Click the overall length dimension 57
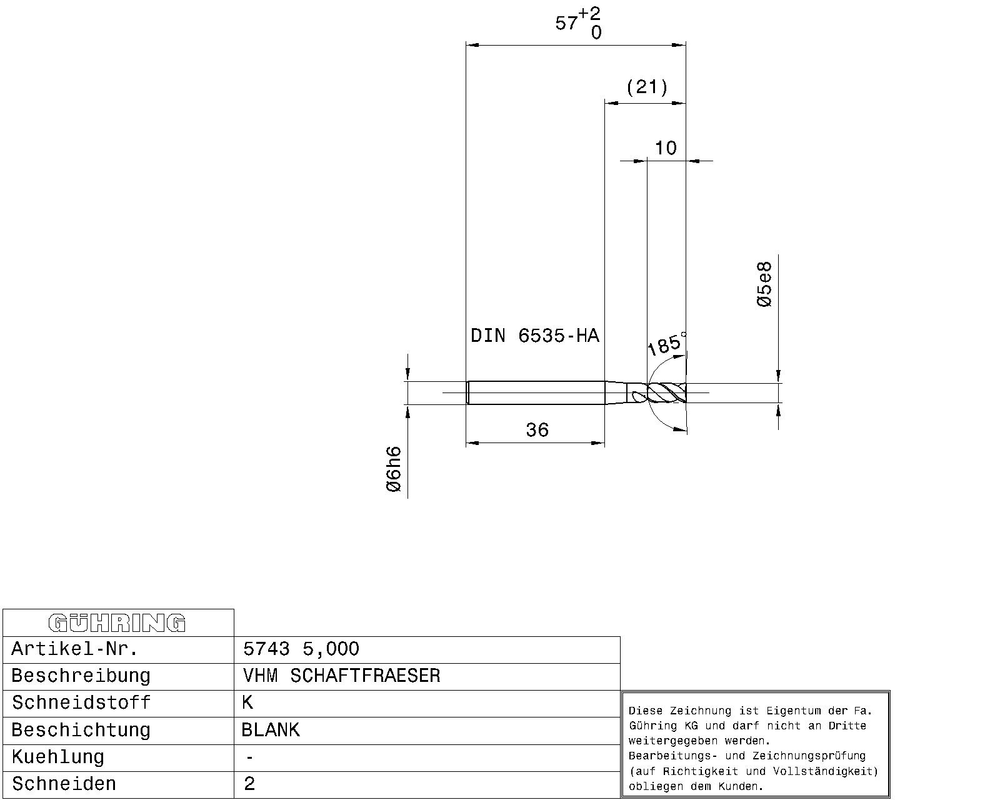(566, 22)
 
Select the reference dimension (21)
(647, 87)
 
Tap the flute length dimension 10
(666, 148)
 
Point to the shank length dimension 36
(537, 430)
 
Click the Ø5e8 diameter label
(764, 284)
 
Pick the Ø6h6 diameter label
(393, 469)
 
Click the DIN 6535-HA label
(535, 336)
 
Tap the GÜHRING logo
(117, 623)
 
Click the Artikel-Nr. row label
(74, 649)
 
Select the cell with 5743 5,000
(301, 649)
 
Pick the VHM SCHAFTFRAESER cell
(341, 676)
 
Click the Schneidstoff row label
(81, 702)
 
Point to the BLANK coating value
(271, 730)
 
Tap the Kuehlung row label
(57, 757)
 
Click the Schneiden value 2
(249, 784)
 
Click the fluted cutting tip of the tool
(666, 393)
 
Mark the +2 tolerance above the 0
(589, 13)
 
